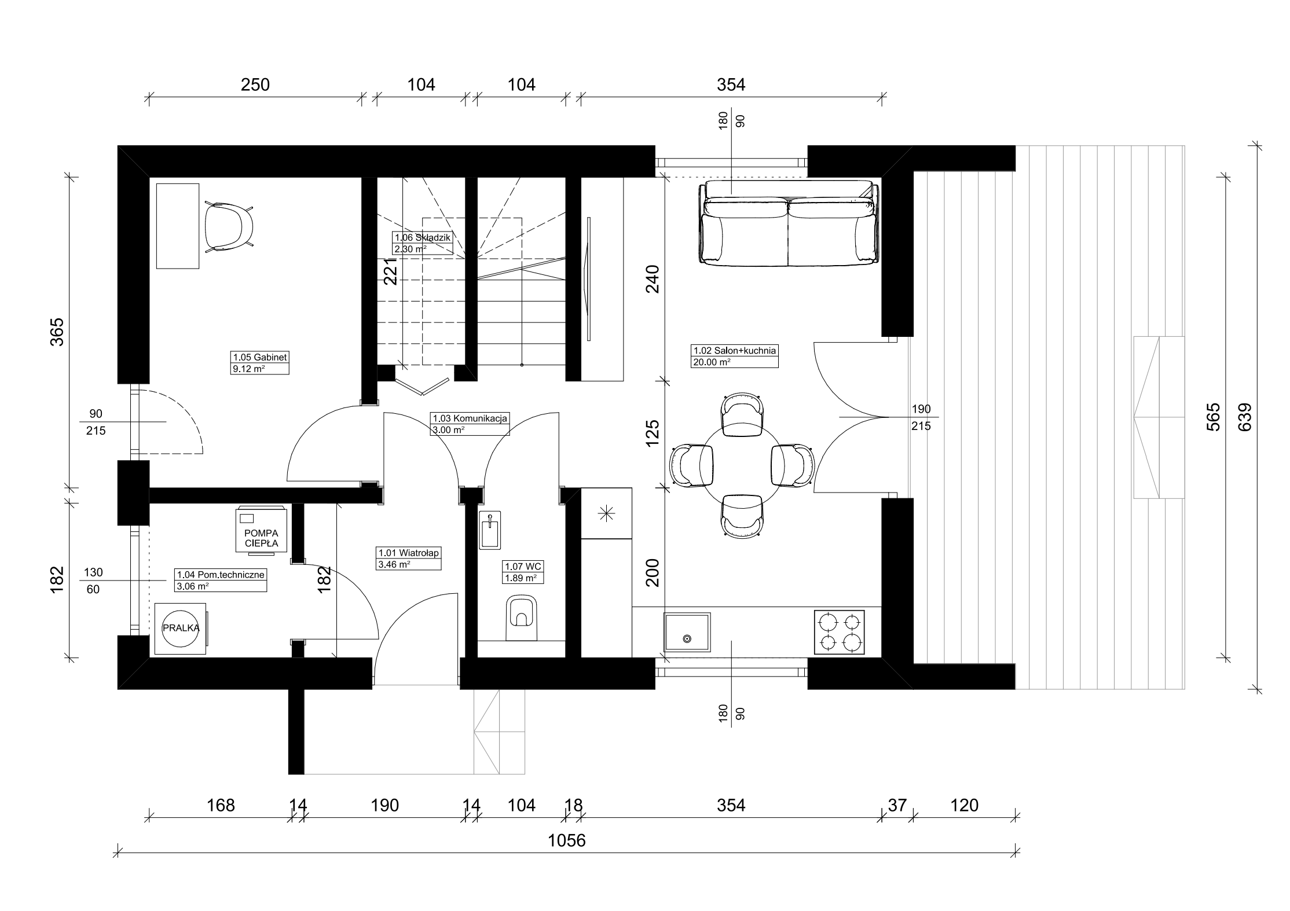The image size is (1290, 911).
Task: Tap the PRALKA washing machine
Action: pos(181,628)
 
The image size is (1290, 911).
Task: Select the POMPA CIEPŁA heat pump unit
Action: pos(261,531)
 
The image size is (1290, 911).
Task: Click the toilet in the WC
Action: pos(522,618)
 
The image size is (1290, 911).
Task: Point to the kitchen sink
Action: pos(687,632)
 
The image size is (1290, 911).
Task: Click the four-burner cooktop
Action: pos(840,632)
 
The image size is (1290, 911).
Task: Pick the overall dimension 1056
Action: pos(567,840)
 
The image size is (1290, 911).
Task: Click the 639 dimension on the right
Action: pos(1245,417)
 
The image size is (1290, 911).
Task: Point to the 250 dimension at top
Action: pos(255,85)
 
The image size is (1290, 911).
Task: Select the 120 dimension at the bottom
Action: pos(964,805)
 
